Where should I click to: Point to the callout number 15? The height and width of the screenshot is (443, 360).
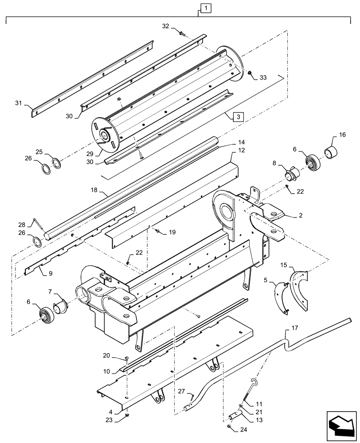tap(284, 265)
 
